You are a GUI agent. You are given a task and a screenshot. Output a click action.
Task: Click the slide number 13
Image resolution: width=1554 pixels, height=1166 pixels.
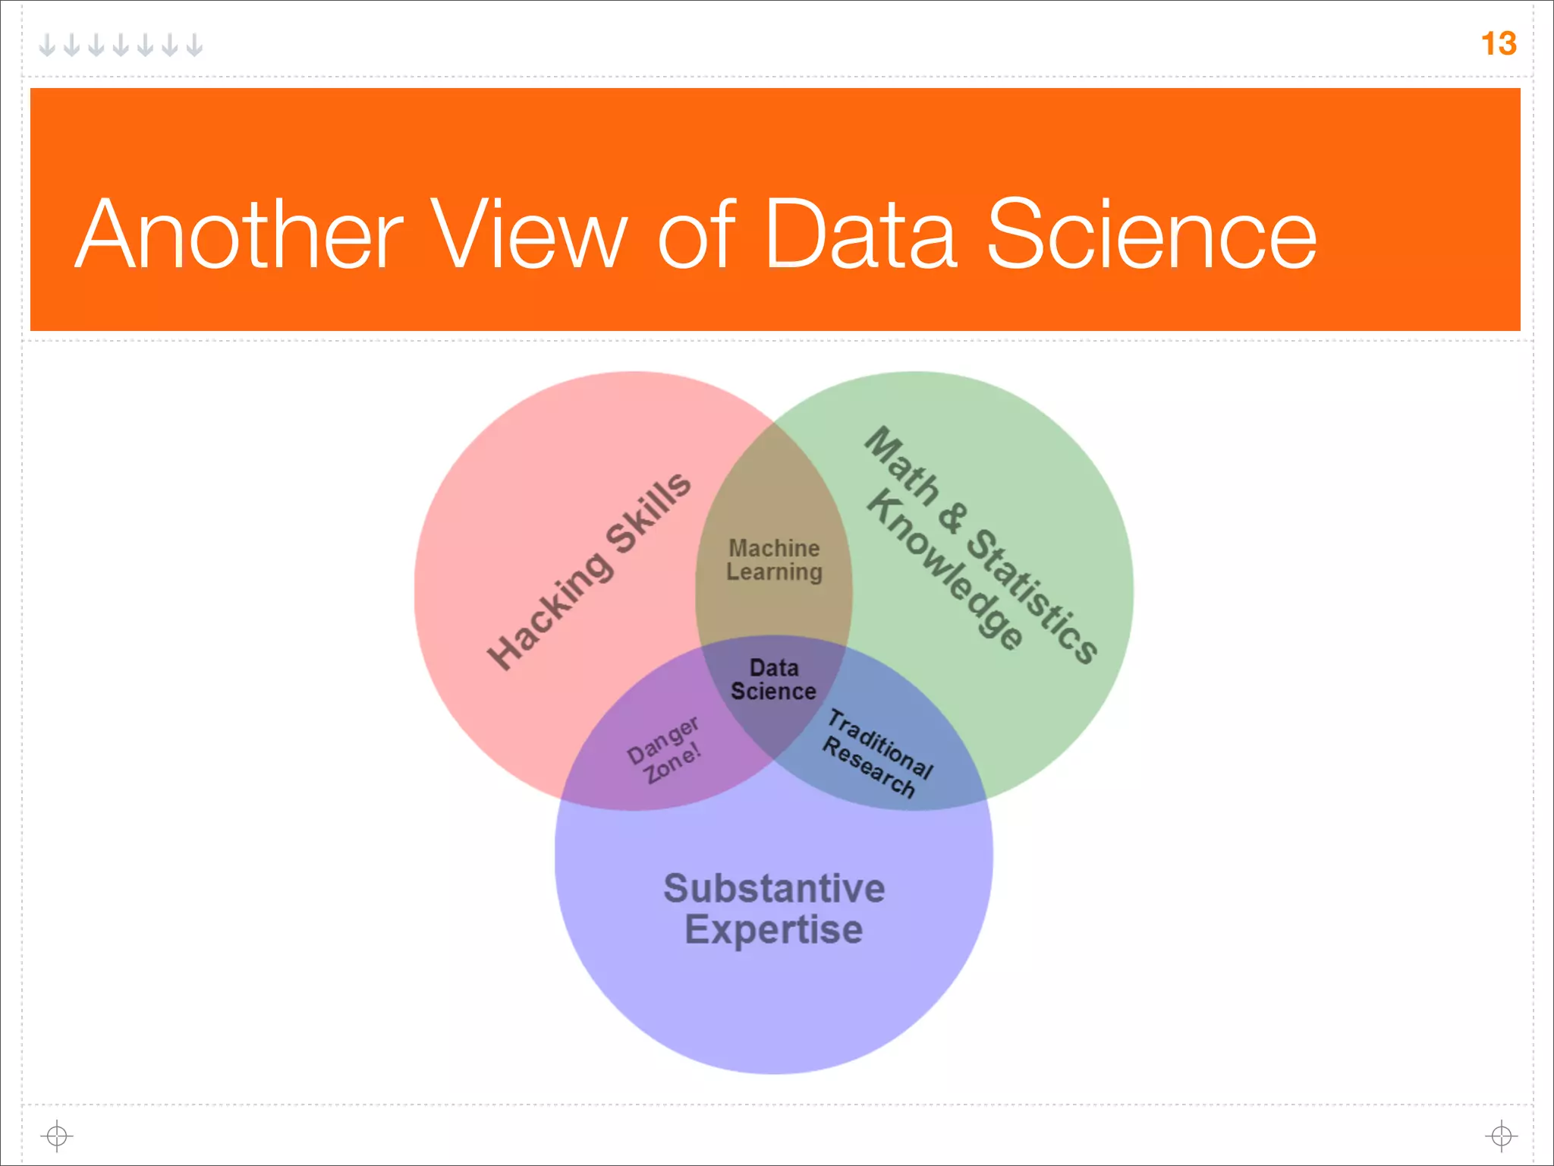[1498, 44]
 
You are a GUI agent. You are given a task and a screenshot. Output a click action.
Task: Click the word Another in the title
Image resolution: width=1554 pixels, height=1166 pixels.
[240, 235]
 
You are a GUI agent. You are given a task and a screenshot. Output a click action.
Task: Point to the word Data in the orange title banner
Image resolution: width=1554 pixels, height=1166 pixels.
[860, 235]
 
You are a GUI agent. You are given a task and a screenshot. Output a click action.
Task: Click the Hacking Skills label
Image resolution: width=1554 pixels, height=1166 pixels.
[589, 571]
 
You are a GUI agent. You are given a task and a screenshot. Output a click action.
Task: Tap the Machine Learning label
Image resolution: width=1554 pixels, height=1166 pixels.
[774, 560]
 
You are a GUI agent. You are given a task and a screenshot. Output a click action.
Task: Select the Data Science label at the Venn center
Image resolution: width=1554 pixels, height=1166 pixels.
[773, 680]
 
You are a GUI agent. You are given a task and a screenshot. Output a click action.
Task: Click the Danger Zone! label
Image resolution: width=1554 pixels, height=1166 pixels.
[664, 750]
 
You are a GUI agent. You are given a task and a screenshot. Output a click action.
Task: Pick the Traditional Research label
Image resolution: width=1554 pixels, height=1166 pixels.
[877, 754]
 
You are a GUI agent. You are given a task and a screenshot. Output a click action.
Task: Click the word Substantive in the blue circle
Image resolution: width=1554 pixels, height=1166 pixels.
[774, 889]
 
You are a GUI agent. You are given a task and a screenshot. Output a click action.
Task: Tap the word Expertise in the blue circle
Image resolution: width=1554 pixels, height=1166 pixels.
[774, 930]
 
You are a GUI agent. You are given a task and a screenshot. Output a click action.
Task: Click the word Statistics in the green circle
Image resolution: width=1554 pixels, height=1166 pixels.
[1032, 596]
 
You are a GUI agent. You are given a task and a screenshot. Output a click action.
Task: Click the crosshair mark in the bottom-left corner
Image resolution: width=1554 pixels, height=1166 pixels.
[57, 1136]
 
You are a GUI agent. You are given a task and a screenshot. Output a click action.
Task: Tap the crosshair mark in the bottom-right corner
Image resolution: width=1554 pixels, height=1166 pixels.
[1501, 1136]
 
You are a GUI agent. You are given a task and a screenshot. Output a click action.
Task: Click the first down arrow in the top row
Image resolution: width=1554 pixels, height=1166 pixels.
[47, 46]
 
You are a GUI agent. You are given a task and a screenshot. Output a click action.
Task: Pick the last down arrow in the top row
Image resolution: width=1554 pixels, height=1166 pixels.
[195, 46]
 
